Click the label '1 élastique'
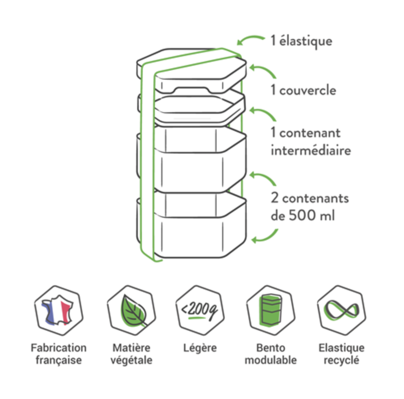(301, 41)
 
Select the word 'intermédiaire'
(310, 151)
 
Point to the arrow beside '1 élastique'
(251, 39)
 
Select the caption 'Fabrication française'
(58, 354)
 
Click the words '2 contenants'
(309, 199)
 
